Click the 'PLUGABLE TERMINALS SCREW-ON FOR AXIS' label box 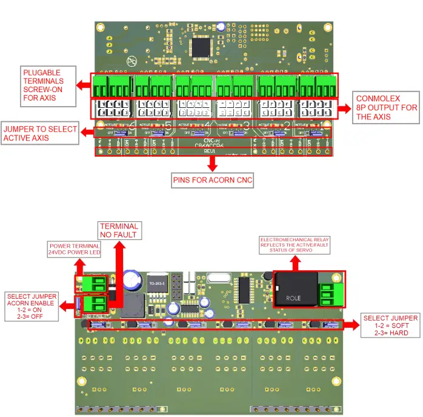(48, 85)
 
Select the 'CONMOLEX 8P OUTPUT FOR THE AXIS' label (387, 107)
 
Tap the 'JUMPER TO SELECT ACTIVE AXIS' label (40, 134)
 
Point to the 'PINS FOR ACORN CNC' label (212, 181)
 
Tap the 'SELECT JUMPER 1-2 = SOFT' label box (390, 325)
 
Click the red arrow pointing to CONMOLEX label (345, 108)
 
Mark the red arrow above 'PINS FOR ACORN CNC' (212, 164)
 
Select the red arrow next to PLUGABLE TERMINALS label (85, 85)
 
